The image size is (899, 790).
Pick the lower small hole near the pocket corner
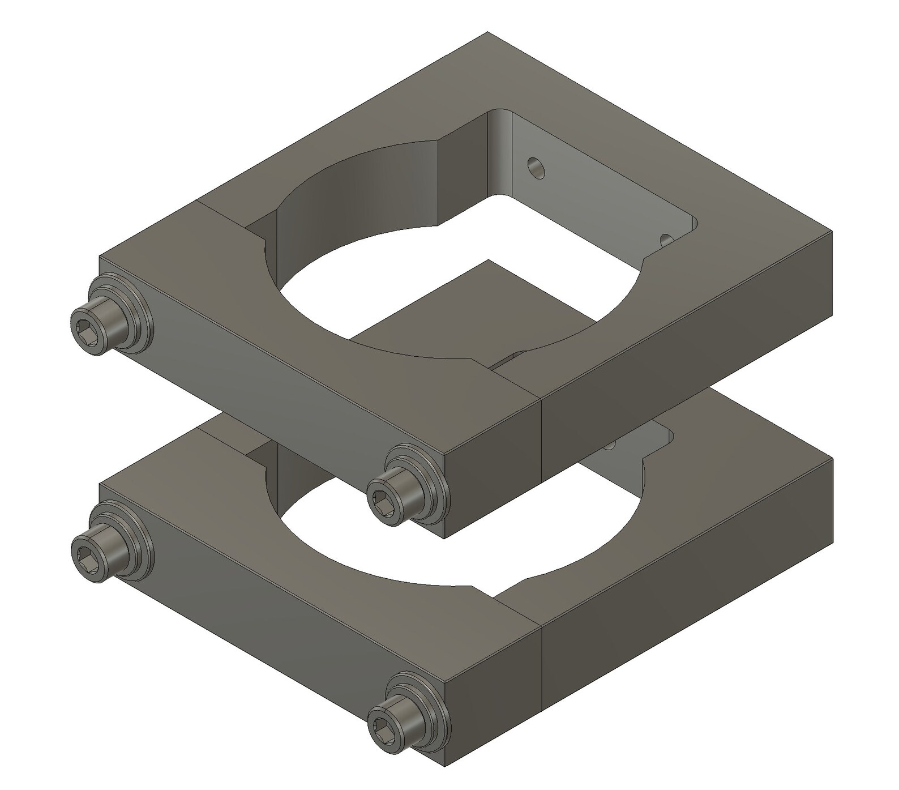667,239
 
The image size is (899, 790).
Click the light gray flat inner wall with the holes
594,181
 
